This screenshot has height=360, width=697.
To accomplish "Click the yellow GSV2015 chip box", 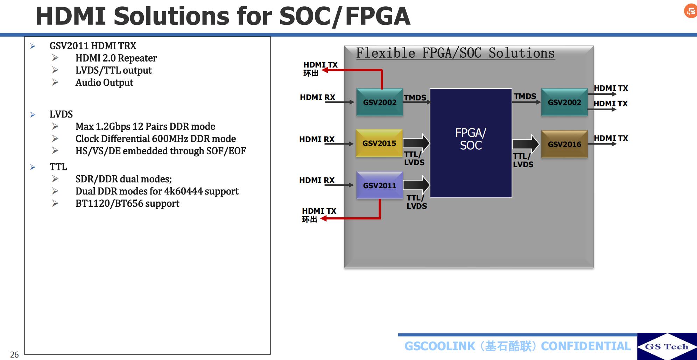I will (x=379, y=143).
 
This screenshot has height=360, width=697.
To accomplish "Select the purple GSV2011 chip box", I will (x=380, y=185).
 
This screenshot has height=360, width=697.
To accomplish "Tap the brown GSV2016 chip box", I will (x=564, y=144).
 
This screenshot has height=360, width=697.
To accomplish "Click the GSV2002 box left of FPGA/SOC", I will (x=380, y=102).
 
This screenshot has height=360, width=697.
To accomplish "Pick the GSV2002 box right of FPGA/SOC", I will (x=564, y=102).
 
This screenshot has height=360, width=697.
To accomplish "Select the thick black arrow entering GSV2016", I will (x=526, y=144).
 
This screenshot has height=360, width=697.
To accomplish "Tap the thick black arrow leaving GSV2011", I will (x=416, y=184).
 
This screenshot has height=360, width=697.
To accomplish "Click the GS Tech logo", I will (x=667, y=346).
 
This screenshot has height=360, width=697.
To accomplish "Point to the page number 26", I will (x=14, y=354).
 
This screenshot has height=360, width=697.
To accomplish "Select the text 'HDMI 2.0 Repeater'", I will (x=116, y=58).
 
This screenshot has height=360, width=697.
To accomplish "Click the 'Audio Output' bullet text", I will (x=104, y=83).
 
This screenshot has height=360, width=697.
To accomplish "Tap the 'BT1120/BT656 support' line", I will (x=127, y=204).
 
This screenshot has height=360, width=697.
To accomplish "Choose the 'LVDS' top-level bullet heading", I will (x=61, y=114).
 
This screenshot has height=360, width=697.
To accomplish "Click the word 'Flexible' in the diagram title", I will (x=385, y=53).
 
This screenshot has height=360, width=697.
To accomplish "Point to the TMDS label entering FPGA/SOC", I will (x=415, y=98).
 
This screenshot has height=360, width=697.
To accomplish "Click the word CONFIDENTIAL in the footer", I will (x=585, y=346).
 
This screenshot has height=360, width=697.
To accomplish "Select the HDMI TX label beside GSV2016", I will (x=611, y=138).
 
